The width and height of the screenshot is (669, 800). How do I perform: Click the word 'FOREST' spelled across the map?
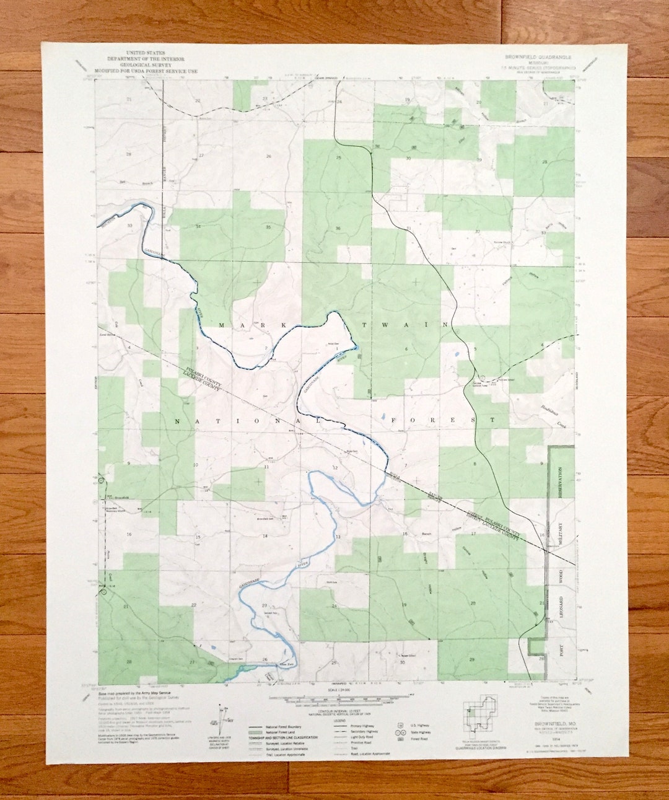(x=443, y=420)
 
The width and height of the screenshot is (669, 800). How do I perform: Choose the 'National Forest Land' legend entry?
(x=279, y=732)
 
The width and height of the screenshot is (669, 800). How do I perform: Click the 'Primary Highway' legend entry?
(x=362, y=725)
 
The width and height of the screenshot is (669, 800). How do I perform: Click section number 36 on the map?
(x=338, y=229)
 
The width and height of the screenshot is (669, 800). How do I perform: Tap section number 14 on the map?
(x=265, y=536)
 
